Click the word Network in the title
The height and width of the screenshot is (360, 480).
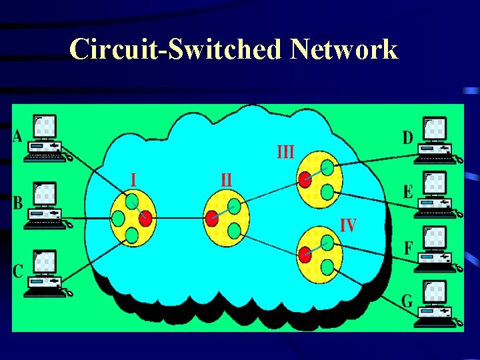(345, 49)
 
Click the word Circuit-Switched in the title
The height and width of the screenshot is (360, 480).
(177, 49)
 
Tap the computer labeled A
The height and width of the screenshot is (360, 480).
(45, 139)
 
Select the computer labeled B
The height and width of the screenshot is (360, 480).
(45, 205)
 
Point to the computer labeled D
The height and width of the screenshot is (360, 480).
(435, 140)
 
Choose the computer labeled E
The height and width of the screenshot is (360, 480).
(435, 195)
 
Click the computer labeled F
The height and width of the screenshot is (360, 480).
(435, 249)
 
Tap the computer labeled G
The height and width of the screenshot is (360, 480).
(435, 304)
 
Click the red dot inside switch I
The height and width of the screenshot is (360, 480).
(146, 217)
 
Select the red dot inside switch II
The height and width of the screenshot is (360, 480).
(212, 217)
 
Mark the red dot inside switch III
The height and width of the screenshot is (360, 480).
(304, 179)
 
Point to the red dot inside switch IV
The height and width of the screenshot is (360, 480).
(305, 254)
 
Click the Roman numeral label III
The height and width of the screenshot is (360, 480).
(285, 153)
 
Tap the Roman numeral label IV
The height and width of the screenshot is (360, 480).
(348, 225)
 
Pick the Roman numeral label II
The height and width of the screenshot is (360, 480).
(227, 180)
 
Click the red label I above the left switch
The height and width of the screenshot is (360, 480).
(134, 180)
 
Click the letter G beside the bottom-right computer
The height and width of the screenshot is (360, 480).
(407, 301)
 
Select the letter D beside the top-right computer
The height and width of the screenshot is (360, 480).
(407, 138)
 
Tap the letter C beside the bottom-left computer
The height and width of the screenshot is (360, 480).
(18, 271)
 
